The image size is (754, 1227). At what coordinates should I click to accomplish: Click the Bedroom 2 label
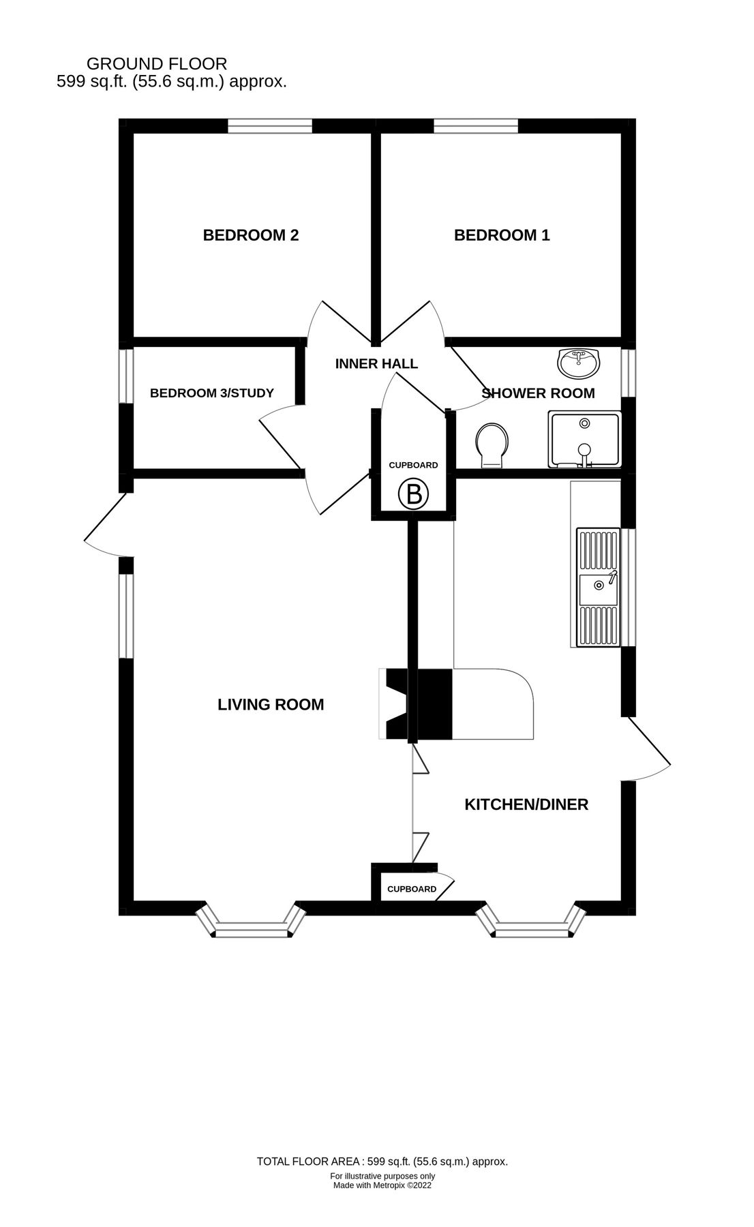(251, 235)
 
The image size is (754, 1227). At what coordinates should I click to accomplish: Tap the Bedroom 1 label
(502, 235)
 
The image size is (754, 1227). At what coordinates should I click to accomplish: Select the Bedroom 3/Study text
(212, 393)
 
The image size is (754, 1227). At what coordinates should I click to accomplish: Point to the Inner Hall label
(376, 364)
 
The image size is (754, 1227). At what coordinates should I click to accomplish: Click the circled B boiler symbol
(414, 494)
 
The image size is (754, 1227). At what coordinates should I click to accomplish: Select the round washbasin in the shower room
(579, 363)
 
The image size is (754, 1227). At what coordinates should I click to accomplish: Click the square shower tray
(585, 440)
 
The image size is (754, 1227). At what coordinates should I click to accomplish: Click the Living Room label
(271, 705)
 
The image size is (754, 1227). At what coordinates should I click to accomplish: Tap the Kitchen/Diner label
(526, 804)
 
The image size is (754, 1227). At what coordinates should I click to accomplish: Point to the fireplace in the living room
(395, 705)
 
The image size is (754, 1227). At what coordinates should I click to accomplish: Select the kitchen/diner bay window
(531, 925)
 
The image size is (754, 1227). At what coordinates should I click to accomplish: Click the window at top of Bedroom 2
(269, 126)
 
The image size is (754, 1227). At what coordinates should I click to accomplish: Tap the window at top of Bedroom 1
(475, 126)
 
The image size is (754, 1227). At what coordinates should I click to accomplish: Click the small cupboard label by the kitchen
(412, 889)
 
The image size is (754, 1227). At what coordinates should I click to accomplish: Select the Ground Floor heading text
(157, 64)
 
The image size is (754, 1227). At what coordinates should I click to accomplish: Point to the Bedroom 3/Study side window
(125, 376)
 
